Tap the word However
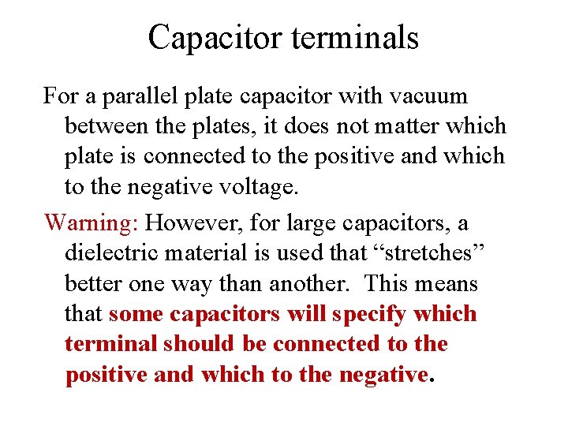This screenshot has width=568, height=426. (190, 222)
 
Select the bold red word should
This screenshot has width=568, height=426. (198, 344)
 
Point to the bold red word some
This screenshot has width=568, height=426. (135, 314)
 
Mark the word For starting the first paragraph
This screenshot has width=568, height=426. (60, 97)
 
